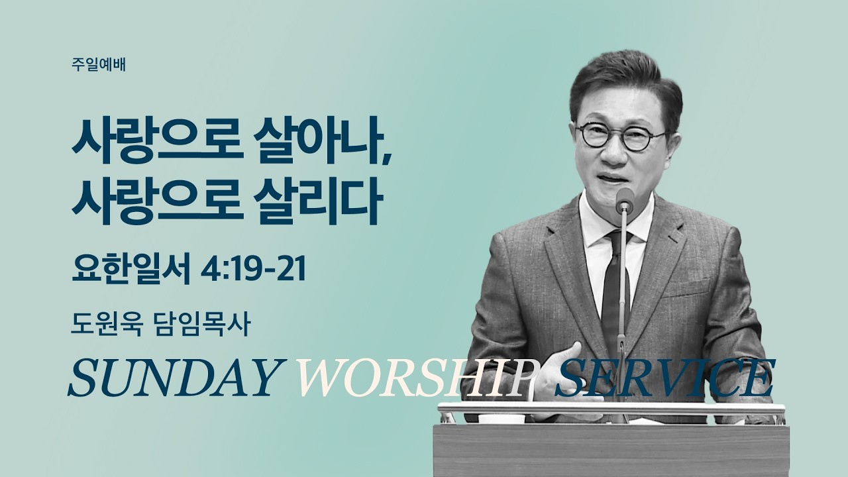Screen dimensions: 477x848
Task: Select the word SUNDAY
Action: point(172,380)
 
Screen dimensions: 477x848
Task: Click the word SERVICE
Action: point(662,380)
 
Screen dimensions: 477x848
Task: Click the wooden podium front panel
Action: point(609,450)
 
